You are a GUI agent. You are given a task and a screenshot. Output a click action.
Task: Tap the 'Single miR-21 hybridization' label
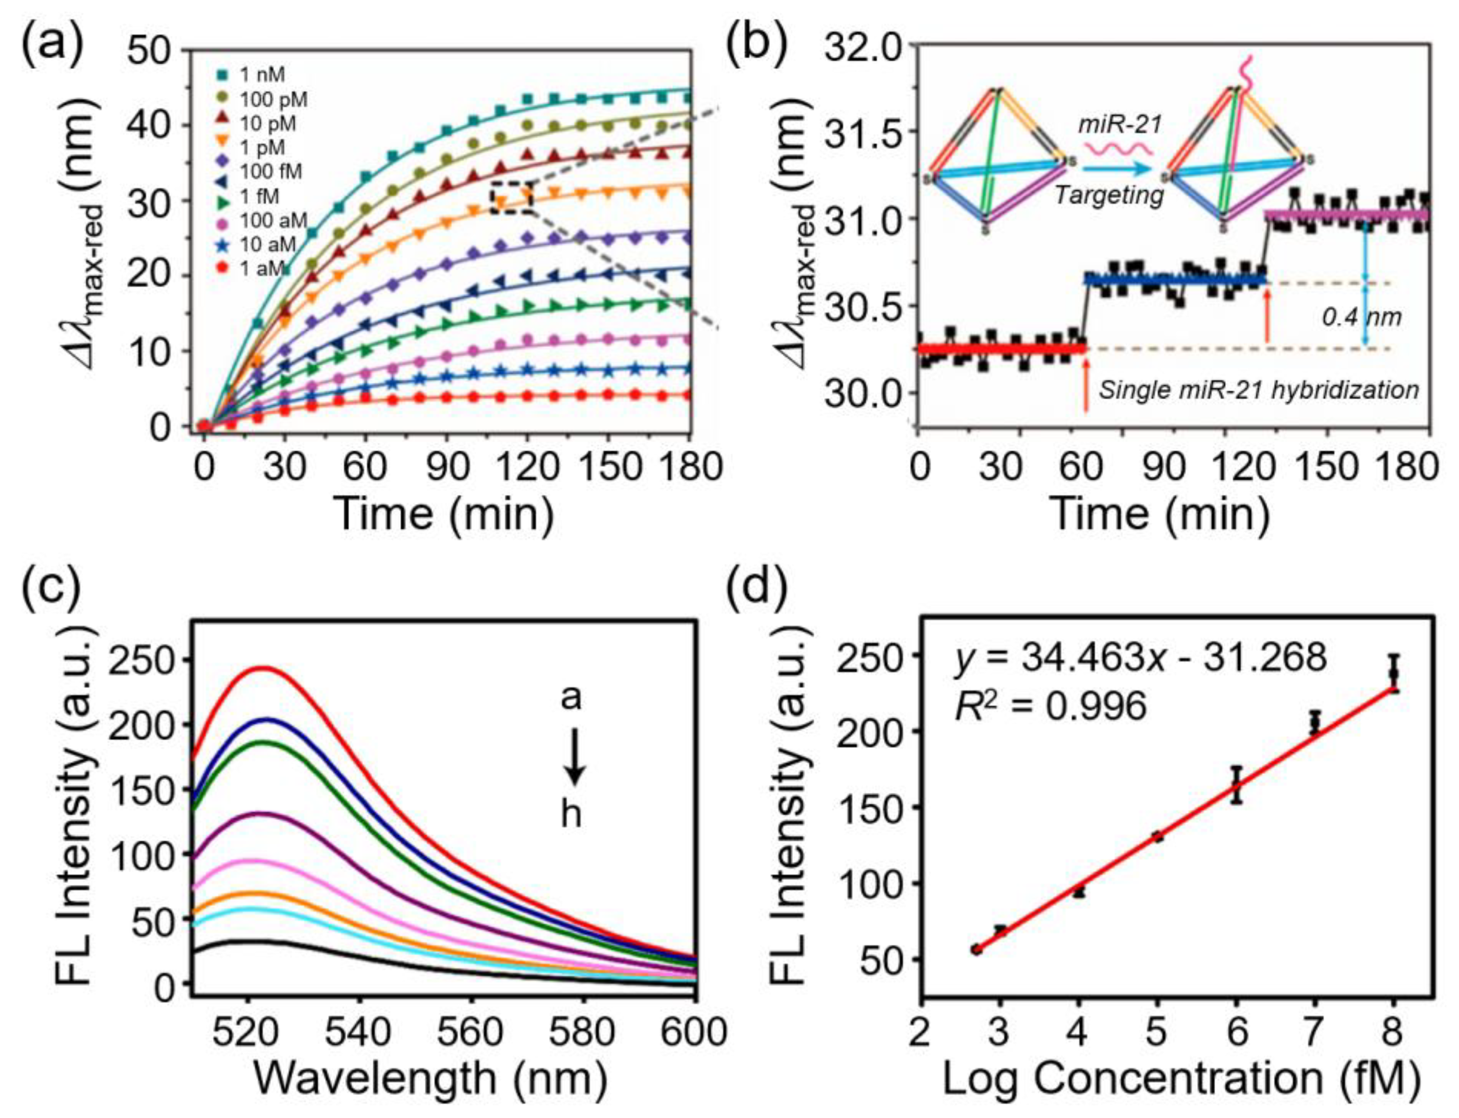click(1258, 390)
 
